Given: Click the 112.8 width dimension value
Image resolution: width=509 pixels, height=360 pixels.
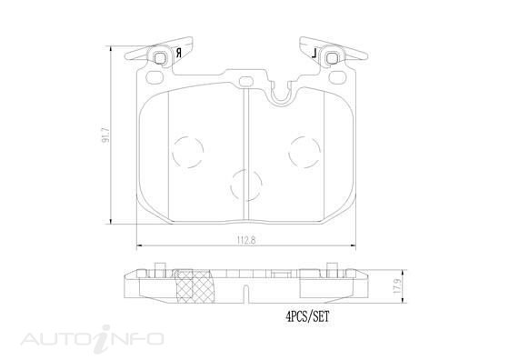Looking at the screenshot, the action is (x=246, y=240).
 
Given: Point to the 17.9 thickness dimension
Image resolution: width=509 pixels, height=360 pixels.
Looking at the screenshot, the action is (x=395, y=285).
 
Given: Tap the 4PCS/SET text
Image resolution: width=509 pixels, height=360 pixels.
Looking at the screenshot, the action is (x=307, y=316).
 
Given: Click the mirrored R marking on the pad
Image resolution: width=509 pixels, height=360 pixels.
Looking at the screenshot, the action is (x=178, y=53).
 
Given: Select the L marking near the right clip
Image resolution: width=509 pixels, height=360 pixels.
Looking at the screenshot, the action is (x=314, y=53).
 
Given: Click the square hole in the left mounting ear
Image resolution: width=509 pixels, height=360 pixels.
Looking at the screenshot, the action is (x=160, y=58).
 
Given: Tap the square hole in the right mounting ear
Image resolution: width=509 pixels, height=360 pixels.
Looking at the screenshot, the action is (x=333, y=58).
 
